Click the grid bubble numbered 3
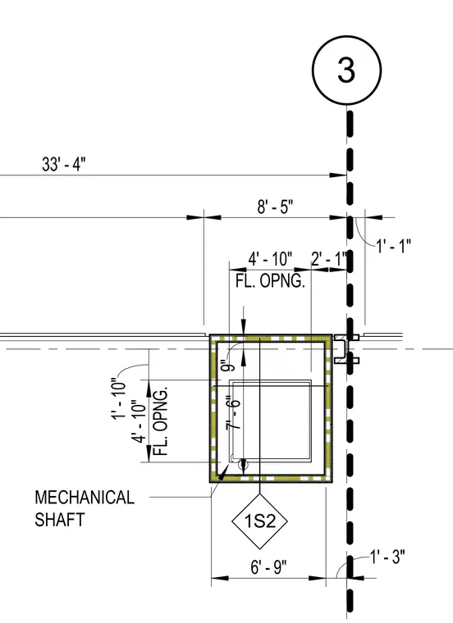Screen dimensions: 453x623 [x=346, y=70]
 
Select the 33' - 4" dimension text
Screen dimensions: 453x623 [x=64, y=164]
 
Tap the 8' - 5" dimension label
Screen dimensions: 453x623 [x=275, y=207]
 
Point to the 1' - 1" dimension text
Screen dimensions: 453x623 [x=393, y=246]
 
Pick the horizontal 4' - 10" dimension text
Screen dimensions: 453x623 [x=271, y=259]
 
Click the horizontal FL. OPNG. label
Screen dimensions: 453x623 [x=271, y=281]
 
